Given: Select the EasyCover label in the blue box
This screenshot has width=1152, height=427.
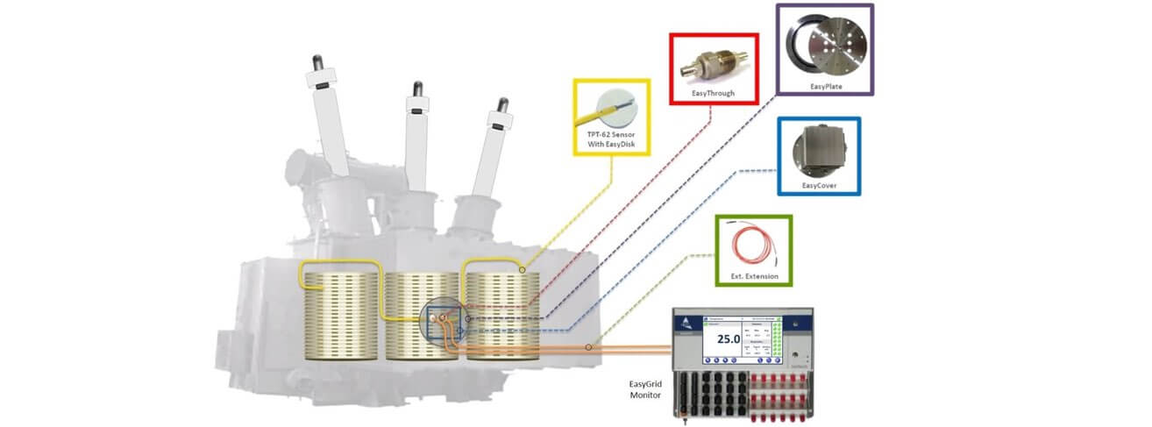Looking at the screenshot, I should coord(817,186).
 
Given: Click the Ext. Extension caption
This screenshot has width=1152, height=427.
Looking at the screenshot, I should coord(753,277).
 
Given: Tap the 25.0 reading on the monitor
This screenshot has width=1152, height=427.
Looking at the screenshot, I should coord(729,338).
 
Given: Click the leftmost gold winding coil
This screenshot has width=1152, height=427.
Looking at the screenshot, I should coord(341,317).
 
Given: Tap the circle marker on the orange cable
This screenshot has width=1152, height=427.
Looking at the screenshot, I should coord(588,347).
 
